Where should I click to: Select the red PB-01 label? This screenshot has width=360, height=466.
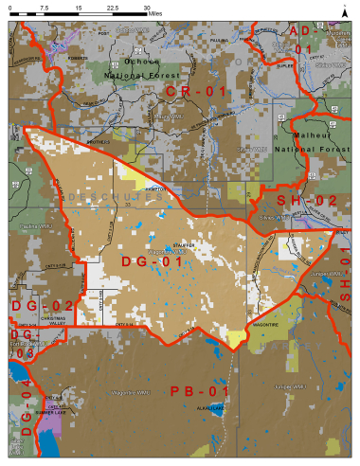click(199, 391)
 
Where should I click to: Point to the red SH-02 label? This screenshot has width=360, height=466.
click(306, 200)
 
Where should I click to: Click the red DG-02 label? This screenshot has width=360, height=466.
click(42, 305)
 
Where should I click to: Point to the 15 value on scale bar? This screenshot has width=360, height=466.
click(79, 7)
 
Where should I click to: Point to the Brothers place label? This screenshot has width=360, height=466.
click(100, 142)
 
